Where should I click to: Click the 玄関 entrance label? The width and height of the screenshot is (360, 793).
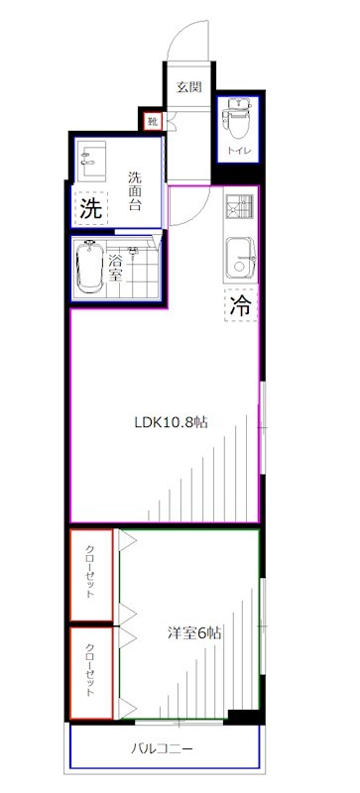[188, 86]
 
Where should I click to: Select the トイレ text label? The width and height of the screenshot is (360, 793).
[239, 151]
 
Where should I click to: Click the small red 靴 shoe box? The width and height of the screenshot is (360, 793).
[153, 122]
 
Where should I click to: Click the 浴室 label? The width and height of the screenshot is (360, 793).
[117, 268]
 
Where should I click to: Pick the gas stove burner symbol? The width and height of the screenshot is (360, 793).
[238, 209]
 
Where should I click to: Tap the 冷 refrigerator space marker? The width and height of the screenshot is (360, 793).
[239, 306]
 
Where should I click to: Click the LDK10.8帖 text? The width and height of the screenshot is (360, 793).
[171, 420]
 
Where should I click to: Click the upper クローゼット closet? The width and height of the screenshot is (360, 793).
[91, 575]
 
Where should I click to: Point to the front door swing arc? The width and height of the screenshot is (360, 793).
[188, 40]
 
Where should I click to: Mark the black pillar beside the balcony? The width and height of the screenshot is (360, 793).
[242, 716]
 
